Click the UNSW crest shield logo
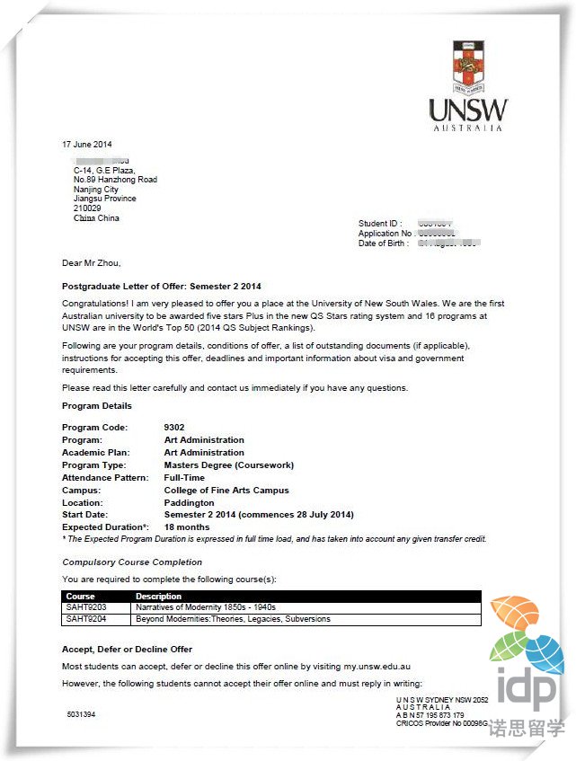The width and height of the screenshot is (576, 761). point(467,66)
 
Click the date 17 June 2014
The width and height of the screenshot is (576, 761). point(87,145)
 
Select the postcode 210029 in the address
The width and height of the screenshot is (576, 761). point(87,208)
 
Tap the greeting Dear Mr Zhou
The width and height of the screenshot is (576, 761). point(91,263)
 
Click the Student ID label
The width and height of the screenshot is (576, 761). point(378,224)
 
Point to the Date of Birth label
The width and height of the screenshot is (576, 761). point(384,243)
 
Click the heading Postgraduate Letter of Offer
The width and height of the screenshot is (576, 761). point(161,287)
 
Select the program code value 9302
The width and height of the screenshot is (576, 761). point(174,427)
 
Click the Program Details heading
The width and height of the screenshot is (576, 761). point(97,406)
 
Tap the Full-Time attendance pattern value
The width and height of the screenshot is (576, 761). point(185,478)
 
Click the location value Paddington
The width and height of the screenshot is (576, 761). point(189,503)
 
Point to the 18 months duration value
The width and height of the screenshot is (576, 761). point(187,527)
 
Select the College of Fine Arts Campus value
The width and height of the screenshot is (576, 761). point(226,491)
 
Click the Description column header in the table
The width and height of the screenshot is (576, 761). point(158,597)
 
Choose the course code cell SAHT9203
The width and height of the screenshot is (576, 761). point(86,607)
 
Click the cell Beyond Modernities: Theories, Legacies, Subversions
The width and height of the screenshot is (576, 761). point(233,619)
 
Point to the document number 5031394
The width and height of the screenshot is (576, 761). point(81,715)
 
